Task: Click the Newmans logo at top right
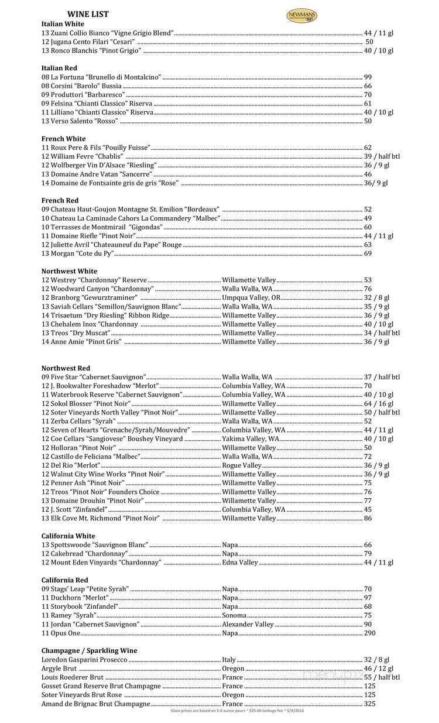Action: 301,15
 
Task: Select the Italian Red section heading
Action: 59,68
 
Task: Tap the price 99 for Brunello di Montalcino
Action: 368,77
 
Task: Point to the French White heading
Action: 63,139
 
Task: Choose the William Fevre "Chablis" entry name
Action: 82,157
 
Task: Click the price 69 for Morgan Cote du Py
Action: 368,253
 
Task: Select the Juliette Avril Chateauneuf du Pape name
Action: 111,245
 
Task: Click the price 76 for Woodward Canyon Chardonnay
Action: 368,289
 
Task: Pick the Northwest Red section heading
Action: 66,368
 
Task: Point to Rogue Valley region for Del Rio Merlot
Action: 242,465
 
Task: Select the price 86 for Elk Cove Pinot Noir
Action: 368,518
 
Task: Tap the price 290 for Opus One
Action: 369,633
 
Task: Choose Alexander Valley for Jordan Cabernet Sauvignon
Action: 248,625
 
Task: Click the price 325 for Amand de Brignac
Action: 369,704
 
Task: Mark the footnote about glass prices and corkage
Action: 238,711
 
